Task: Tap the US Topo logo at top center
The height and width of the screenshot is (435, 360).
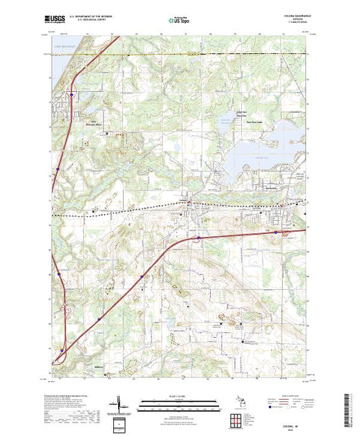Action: pyautogui.click(x=180, y=21)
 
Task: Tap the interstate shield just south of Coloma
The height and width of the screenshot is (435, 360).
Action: pyautogui.click(x=198, y=239)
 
